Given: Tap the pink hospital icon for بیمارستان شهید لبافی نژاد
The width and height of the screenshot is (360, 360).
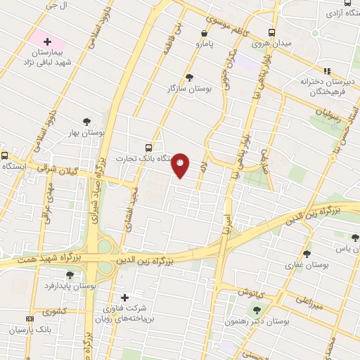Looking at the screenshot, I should point(48,41).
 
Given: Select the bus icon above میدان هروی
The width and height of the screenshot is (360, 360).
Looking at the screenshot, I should point(272,32).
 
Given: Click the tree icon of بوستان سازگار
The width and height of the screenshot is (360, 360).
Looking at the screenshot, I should point(189,77).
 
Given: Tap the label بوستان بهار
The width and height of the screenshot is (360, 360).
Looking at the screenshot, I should point(87,132).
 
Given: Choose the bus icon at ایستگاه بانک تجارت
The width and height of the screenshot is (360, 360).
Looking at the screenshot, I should point(148,148).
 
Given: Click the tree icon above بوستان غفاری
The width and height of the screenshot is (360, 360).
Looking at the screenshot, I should point(307,254).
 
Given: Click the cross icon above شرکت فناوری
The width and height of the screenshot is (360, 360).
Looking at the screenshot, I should point(125,297).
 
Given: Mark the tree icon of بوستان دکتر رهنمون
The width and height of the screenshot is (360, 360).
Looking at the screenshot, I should point(255,309).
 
